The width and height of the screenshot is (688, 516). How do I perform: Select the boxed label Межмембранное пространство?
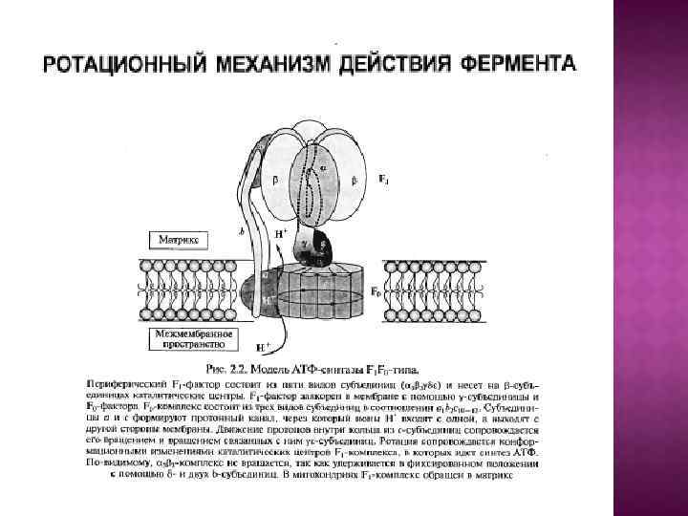click(181, 337)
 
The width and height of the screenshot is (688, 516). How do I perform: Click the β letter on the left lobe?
click(277, 179)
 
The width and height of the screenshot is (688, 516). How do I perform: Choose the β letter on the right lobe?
click(354, 179)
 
